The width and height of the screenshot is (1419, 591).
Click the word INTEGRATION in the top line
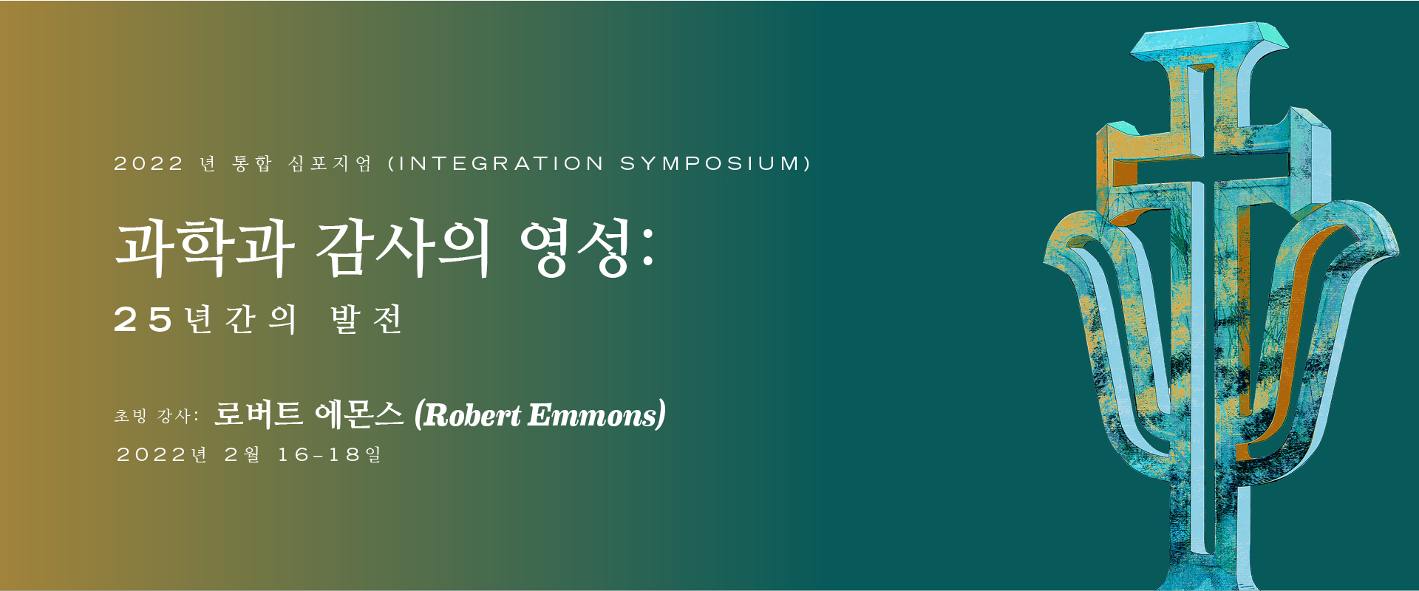[x=501, y=163]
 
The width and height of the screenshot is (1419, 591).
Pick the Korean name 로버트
[x=259, y=414]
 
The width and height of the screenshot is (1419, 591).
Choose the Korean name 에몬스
[x=359, y=414]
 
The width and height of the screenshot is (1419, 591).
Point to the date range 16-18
[x=319, y=454]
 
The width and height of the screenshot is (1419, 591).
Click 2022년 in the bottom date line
[x=162, y=454]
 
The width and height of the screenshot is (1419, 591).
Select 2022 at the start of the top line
[x=149, y=163]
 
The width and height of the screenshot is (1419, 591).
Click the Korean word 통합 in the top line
[x=252, y=163]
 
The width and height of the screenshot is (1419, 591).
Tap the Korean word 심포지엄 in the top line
[x=330, y=163]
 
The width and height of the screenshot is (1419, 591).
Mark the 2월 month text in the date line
[x=242, y=454]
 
